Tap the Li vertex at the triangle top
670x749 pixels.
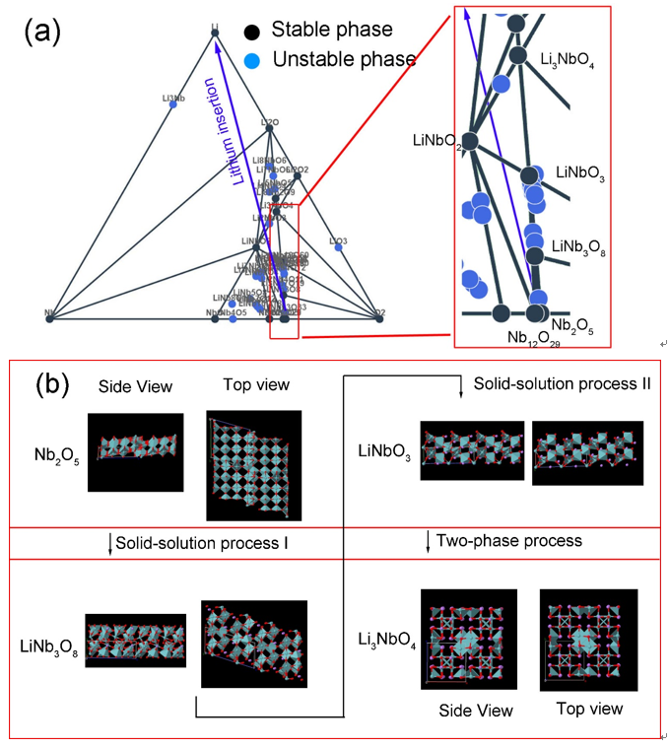click(215, 34)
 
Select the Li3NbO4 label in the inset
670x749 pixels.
click(569, 60)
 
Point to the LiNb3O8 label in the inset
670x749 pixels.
click(580, 245)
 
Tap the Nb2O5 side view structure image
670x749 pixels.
click(135, 452)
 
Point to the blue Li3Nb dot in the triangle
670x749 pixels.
click(173, 104)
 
